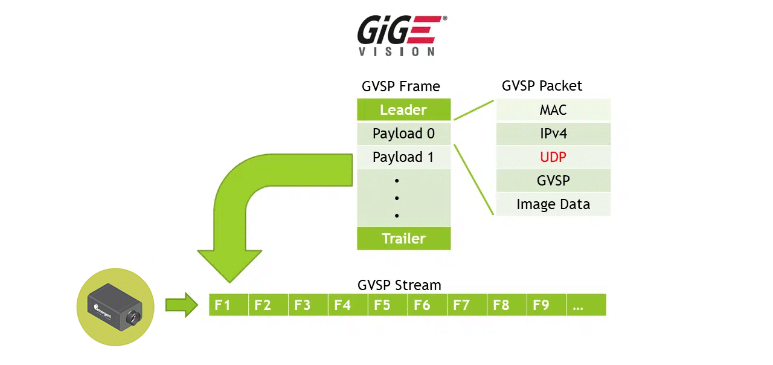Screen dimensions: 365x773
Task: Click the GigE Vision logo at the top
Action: (402, 36)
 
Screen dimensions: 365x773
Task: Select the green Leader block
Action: (403, 110)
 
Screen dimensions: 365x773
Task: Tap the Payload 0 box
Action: (403, 134)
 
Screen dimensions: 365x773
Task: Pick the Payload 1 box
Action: (403, 157)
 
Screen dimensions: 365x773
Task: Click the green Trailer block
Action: (403, 238)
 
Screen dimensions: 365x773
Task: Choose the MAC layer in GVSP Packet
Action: (553, 110)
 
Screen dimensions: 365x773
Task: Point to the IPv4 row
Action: (553, 134)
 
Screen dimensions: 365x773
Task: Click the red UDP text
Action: (553, 157)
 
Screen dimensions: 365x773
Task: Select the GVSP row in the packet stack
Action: (553, 181)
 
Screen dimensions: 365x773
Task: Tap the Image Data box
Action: (553, 204)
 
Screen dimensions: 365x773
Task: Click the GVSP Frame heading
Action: (401, 86)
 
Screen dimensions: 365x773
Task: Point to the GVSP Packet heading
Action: (542, 86)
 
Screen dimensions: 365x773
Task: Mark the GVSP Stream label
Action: (399, 285)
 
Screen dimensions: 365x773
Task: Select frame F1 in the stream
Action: (223, 305)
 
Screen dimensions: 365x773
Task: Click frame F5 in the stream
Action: (382, 305)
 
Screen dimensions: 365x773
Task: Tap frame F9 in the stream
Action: (541, 305)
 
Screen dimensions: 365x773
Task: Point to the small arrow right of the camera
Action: (182, 305)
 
